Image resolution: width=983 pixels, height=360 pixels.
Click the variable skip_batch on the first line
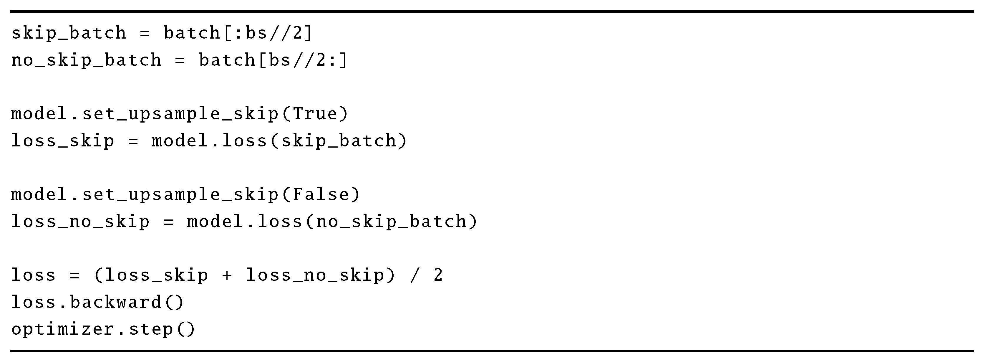pos(69,33)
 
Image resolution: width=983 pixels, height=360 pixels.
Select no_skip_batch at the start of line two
pos(87,60)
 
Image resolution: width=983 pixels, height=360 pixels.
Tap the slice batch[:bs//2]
pos(238,33)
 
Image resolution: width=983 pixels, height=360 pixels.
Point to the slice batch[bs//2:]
pos(273,60)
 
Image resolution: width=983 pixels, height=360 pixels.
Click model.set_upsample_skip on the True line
pos(145,114)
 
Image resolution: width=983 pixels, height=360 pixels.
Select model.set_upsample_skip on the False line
pos(145,195)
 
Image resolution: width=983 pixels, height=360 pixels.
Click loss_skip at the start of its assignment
pos(63,141)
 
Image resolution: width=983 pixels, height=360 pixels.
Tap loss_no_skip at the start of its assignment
pos(80,222)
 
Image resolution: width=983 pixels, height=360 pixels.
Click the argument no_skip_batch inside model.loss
pos(392,222)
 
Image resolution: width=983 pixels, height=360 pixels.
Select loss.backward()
pos(98,302)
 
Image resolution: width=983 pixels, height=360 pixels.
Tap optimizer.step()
pos(103,329)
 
